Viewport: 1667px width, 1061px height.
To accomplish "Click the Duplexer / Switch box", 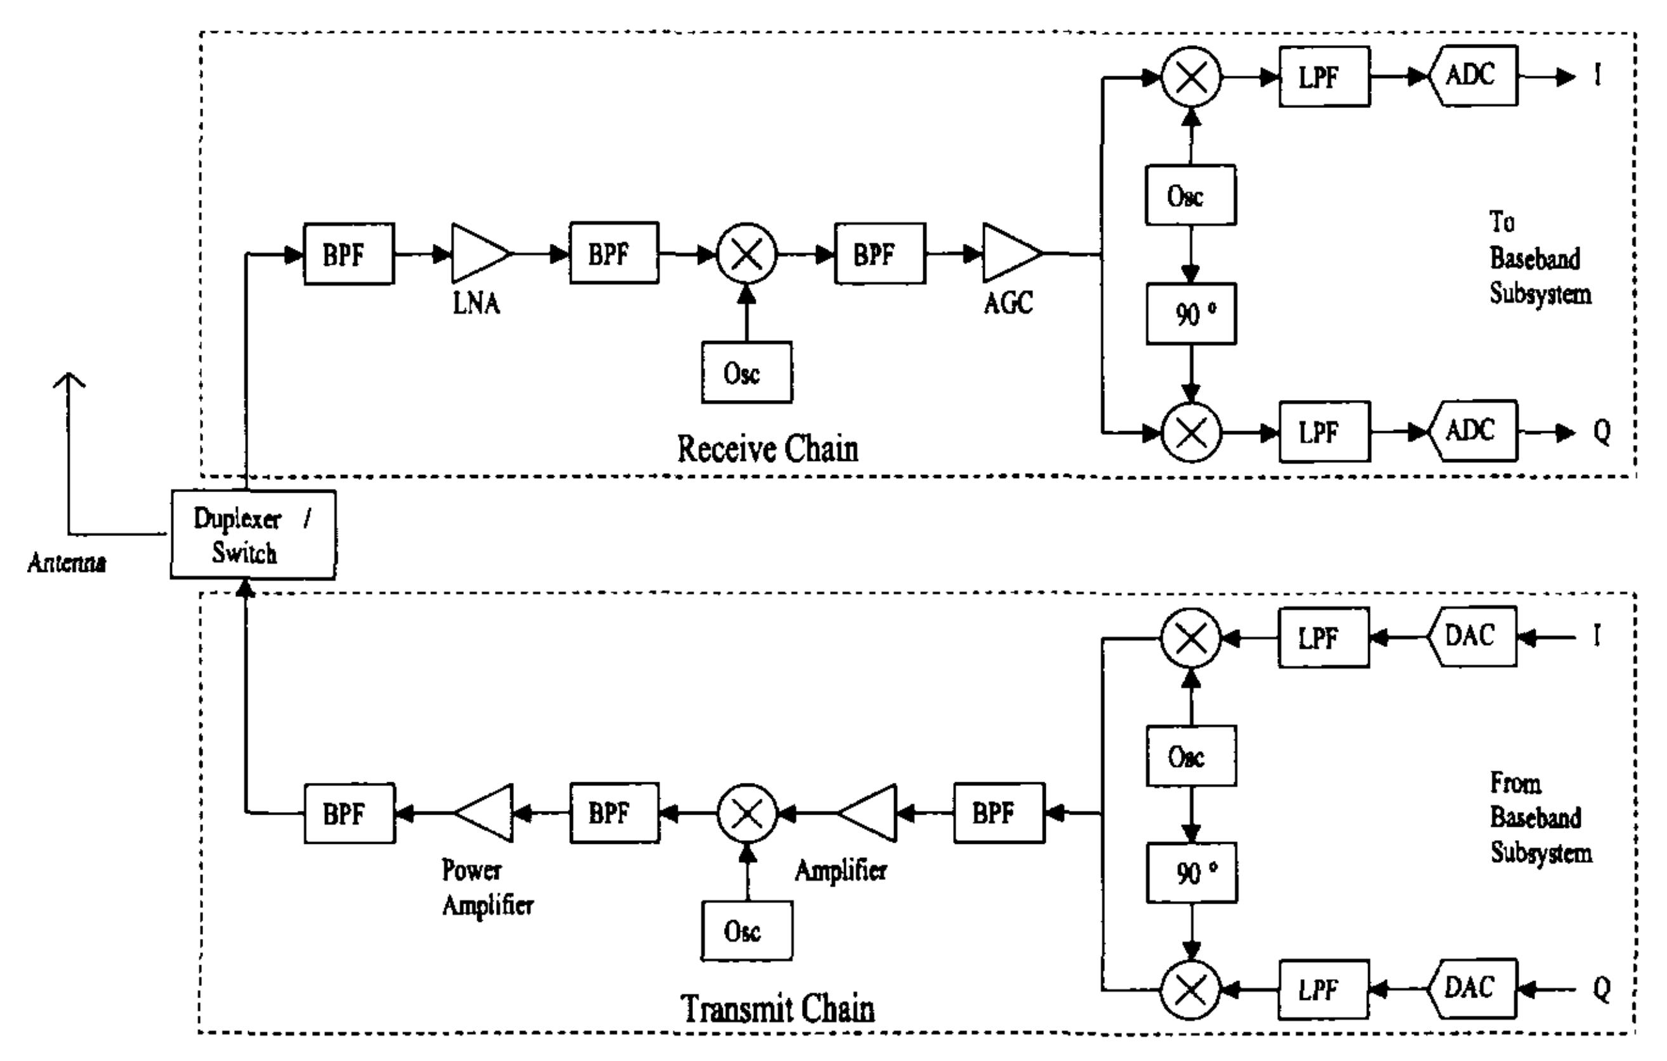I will point(253,535).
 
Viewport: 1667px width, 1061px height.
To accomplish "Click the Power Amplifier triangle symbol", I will point(487,813).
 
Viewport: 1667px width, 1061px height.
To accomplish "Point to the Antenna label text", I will point(67,563).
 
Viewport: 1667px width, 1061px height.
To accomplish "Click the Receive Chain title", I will point(767,449).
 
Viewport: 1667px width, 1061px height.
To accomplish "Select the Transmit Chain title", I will point(777,1008).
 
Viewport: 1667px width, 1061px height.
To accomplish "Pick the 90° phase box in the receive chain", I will point(1190,314).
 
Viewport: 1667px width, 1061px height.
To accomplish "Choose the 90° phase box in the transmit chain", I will point(1192,872).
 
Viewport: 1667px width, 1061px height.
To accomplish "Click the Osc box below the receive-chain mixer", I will point(746,373).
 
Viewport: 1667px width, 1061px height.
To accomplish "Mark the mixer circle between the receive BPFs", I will point(746,253).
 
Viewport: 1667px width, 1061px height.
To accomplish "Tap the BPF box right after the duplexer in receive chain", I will point(349,254).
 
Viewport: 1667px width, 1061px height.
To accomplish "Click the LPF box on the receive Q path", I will point(1324,432).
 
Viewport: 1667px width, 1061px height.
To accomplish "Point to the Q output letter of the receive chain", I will point(1601,432).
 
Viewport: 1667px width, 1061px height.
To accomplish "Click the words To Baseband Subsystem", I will point(1539,258).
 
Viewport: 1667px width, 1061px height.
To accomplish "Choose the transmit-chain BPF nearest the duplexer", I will point(350,814).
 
